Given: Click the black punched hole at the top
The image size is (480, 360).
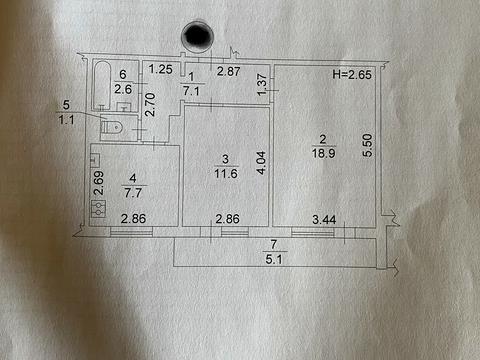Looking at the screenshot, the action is pyautogui.click(x=197, y=36).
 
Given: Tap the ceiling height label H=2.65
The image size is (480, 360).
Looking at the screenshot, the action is pyautogui.click(x=352, y=74).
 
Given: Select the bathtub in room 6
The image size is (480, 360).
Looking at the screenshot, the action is pyautogui.click(x=102, y=86).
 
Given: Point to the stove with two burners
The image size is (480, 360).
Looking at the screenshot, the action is pyautogui.click(x=98, y=209).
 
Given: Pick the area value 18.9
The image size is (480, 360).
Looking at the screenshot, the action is pyautogui.click(x=323, y=153).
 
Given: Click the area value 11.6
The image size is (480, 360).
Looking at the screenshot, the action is pyautogui.click(x=226, y=173).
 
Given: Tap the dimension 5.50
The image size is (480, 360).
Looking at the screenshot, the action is pyautogui.click(x=367, y=145).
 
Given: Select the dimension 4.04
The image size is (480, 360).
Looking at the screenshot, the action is pyautogui.click(x=262, y=163).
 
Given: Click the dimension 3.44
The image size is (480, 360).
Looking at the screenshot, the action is pyautogui.click(x=324, y=220).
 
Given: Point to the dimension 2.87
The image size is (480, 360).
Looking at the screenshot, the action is pyautogui.click(x=228, y=71).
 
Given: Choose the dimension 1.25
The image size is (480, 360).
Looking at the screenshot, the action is pyautogui.click(x=160, y=69).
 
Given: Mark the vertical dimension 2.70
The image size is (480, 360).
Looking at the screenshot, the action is pyautogui.click(x=150, y=104).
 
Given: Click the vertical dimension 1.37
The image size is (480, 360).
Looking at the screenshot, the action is pyautogui.click(x=262, y=84).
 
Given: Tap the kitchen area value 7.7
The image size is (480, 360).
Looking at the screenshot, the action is pyautogui.click(x=133, y=193).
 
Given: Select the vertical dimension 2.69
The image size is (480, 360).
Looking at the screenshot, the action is pyautogui.click(x=99, y=183).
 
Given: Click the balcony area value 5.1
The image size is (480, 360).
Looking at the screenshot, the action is pyautogui.click(x=274, y=259).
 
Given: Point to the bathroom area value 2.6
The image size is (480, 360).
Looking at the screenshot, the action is pyautogui.click(x=123, y=89).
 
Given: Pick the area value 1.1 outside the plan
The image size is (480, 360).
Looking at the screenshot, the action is pyautogui.click(x=66, y=119).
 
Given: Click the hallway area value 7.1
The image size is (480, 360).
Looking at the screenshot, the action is pyautogui.click(x=191, y=91).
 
